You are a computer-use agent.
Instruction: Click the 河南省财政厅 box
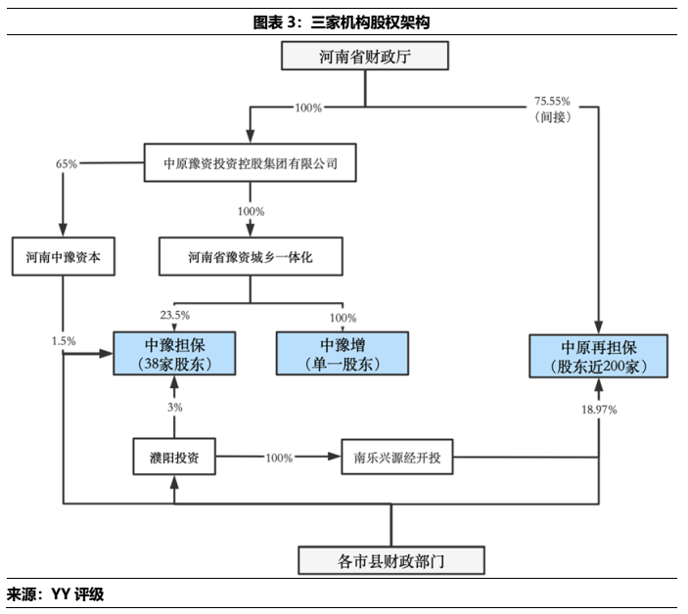click(365, 57)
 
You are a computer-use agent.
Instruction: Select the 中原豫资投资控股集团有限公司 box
click(251, 163)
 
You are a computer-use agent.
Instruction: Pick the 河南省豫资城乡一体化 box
click(251, 258)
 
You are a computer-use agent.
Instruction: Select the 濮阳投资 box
click(174, 457)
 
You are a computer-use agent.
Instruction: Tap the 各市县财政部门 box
click(390, 560)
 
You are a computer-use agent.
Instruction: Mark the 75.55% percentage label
click(552, 101)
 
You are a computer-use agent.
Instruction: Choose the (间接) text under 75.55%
click(552, 116)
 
